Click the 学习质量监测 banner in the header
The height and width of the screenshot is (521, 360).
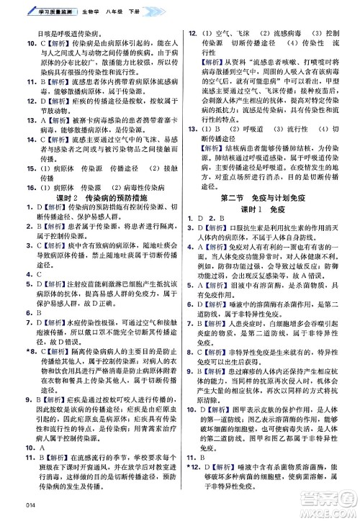pyautogui.click(x=44, y=8)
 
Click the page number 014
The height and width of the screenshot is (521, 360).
pyautogui.click(x=10, y=513)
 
